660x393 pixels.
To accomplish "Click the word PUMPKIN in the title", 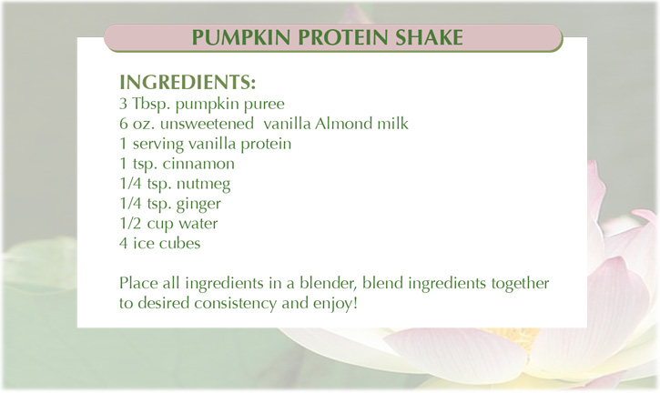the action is point(240,37).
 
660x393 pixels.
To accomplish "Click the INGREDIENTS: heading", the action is point(188,82).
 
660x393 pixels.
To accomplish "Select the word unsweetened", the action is point(207,124).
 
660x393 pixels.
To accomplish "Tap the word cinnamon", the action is point(198,163).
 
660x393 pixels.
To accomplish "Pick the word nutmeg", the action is point(203,185).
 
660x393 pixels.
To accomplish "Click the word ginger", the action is point(198,205).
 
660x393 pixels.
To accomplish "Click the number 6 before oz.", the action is point(123,124).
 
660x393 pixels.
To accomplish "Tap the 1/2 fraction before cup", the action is point(130,223).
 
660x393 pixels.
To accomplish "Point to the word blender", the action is point(329,283).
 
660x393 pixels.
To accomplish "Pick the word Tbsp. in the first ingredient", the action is point(151,104).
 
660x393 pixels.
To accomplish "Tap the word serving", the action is point(158,145).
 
